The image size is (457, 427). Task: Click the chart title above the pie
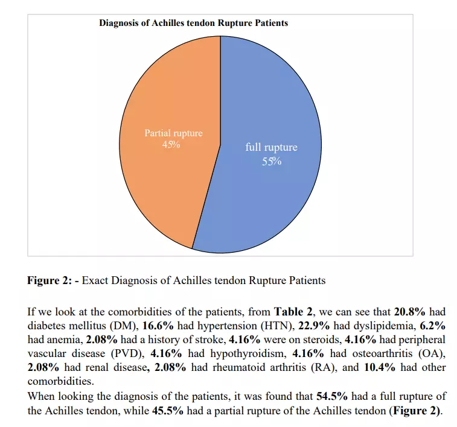[193, 23]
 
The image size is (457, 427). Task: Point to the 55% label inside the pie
[272, 161]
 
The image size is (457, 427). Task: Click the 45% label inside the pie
[173, 145]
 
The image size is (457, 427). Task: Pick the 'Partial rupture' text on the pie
[173, 133]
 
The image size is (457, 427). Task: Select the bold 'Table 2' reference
[293, 312]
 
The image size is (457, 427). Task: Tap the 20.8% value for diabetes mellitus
[411, 312]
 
